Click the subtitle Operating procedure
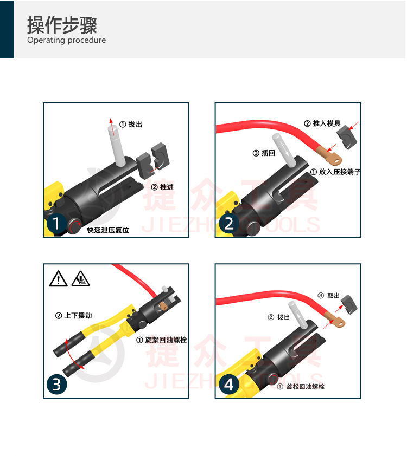tap(66, 40)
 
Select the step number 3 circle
tap(57, 385)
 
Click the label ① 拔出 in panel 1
tap(130, 124)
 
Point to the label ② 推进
tap(162, 187)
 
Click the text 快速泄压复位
tap(108, 230)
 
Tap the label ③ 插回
tap(264, 153)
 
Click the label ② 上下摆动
tap(74, 316)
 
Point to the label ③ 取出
tap(328, 296)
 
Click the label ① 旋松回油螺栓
tap(301, 387)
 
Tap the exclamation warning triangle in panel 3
tap(58, 279)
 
